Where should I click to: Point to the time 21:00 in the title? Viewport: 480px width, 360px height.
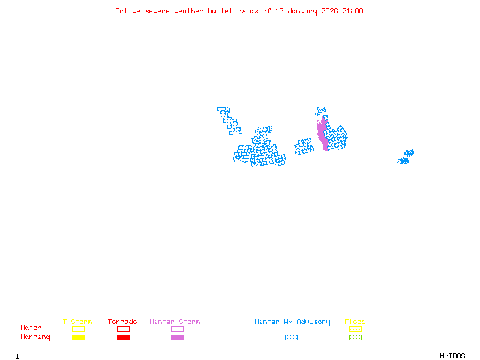click(x=353, y=11)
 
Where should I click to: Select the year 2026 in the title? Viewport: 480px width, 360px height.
click(x=329, y=11)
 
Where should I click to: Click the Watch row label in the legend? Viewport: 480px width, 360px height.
click(x=31, y=328)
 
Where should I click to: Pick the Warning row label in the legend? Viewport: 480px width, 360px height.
click(x=35, y=337)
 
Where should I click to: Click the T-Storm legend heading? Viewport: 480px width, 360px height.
click(x=77, y=322)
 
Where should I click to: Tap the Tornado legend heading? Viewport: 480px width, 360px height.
click(x=122, y=322)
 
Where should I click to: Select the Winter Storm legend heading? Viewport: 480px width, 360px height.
click(x=175, y=322)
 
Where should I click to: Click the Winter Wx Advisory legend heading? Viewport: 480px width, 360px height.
click(x=292, y=322)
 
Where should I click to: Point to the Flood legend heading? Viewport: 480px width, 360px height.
click(x=355, y=322)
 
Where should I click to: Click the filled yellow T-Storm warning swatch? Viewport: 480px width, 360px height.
click(x=78, y=338)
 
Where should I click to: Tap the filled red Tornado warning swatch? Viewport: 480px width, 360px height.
click(x=123, y=338)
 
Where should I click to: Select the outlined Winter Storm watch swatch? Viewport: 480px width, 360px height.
click(x=177, y=329)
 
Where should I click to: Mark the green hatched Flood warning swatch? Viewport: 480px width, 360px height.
click(x=355, y=338)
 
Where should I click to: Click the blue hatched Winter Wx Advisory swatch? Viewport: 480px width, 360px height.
click(x=291, y=338)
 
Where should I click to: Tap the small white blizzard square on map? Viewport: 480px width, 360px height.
click(x=254, y=135)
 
